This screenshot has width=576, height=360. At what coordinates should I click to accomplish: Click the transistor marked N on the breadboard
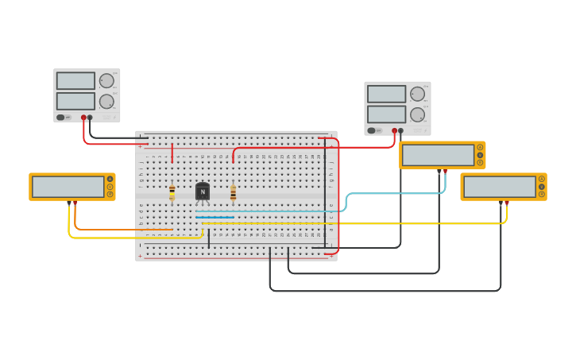pyautogui.click(x=203, y=192)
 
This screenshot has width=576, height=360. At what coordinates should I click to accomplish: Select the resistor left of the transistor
pyautogui.click(x=172, y=192)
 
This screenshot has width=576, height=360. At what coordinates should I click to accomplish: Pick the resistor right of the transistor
pyautogui.click(x=233, y=193)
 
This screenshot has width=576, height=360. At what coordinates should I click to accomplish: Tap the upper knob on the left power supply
pyautogui.click(x=106, y=80)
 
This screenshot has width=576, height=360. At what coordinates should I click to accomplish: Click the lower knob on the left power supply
pyautogui.click(x=106, y=101)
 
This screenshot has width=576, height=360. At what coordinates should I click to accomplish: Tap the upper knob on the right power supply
pyautogui.click(x=417, y=94)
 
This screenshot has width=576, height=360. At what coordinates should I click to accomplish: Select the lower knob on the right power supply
pyautogui.click(x=417, y=114)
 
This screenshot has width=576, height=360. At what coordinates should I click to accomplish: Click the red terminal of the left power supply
pyautogui.click(x=83, y=118)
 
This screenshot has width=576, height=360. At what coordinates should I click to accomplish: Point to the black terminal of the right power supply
pyautogui.click(x=400, y=130)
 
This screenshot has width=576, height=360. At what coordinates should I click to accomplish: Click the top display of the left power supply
pyautogui.click(x=75, y=81)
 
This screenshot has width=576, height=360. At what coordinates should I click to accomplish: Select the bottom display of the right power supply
pyautogui.click(x=386, y=114)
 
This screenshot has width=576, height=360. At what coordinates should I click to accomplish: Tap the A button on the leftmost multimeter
pyautogui.click(x=110, y=179)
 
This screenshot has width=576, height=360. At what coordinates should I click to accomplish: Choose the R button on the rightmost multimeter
pyautogui.click(x=542, y=194)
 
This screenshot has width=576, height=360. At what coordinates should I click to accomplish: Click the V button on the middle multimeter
pyautogui.click(x=480, y=155)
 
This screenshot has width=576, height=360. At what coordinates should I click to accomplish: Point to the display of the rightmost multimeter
pyautogui.click(x=499, y=187)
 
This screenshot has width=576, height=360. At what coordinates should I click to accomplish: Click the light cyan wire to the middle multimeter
pyautogui.click(x=397, y=193)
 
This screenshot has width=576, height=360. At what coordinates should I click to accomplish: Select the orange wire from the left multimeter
pyautogui.click(x=119, y=230)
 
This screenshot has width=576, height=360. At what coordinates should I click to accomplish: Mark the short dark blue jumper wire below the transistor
pyautogui.click(x=215, y=217)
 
